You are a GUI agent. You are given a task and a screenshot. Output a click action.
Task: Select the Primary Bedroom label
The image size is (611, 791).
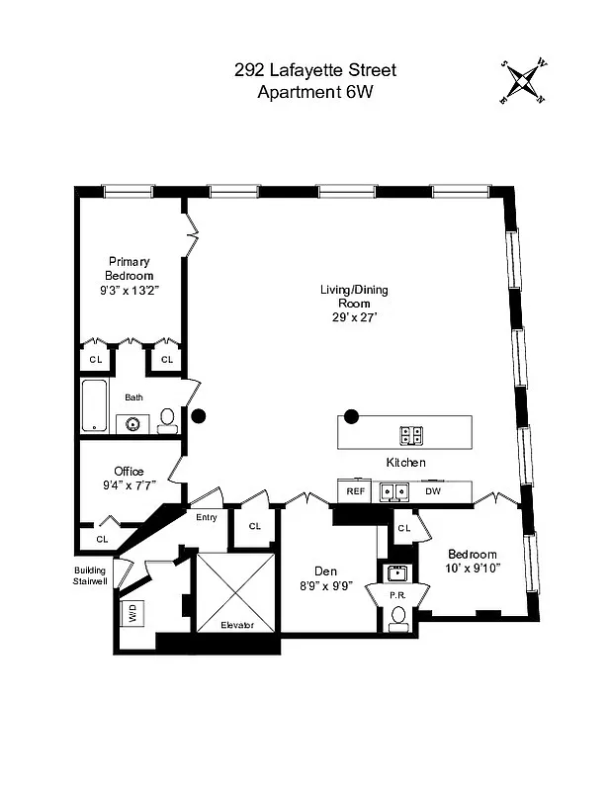130,268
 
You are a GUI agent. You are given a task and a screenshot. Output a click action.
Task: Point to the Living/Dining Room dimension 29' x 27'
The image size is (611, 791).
353,317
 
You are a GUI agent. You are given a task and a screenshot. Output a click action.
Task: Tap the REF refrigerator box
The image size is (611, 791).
353,490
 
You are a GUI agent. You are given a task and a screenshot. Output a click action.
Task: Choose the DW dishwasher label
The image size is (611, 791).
432,490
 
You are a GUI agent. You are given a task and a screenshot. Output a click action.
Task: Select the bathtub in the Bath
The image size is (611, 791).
94,405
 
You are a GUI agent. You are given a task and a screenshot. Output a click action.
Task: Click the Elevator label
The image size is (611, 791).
236,625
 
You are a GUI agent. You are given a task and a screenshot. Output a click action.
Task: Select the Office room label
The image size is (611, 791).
129,471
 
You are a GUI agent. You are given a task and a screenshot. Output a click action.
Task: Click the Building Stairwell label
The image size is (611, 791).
96,576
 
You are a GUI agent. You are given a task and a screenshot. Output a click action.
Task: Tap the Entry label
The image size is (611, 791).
207,517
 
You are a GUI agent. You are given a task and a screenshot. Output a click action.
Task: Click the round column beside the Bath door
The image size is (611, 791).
199,417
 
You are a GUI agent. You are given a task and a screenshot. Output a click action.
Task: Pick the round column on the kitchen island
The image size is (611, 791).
351,415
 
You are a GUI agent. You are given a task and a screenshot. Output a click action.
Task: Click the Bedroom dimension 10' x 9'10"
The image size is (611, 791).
473,568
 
